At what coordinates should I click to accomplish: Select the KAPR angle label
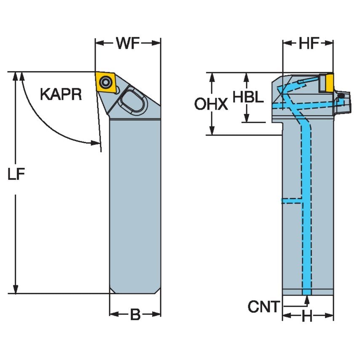pos(61,94)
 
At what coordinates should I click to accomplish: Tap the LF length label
pos(16,174)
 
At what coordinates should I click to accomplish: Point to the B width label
pos(135,314)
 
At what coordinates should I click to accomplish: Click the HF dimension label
pos(308,43)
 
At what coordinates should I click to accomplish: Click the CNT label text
pos(263,307)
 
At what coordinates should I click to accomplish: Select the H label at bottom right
pos(307,316)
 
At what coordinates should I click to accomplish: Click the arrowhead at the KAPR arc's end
pos(97,142)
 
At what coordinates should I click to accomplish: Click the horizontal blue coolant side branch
pos(291,201)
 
